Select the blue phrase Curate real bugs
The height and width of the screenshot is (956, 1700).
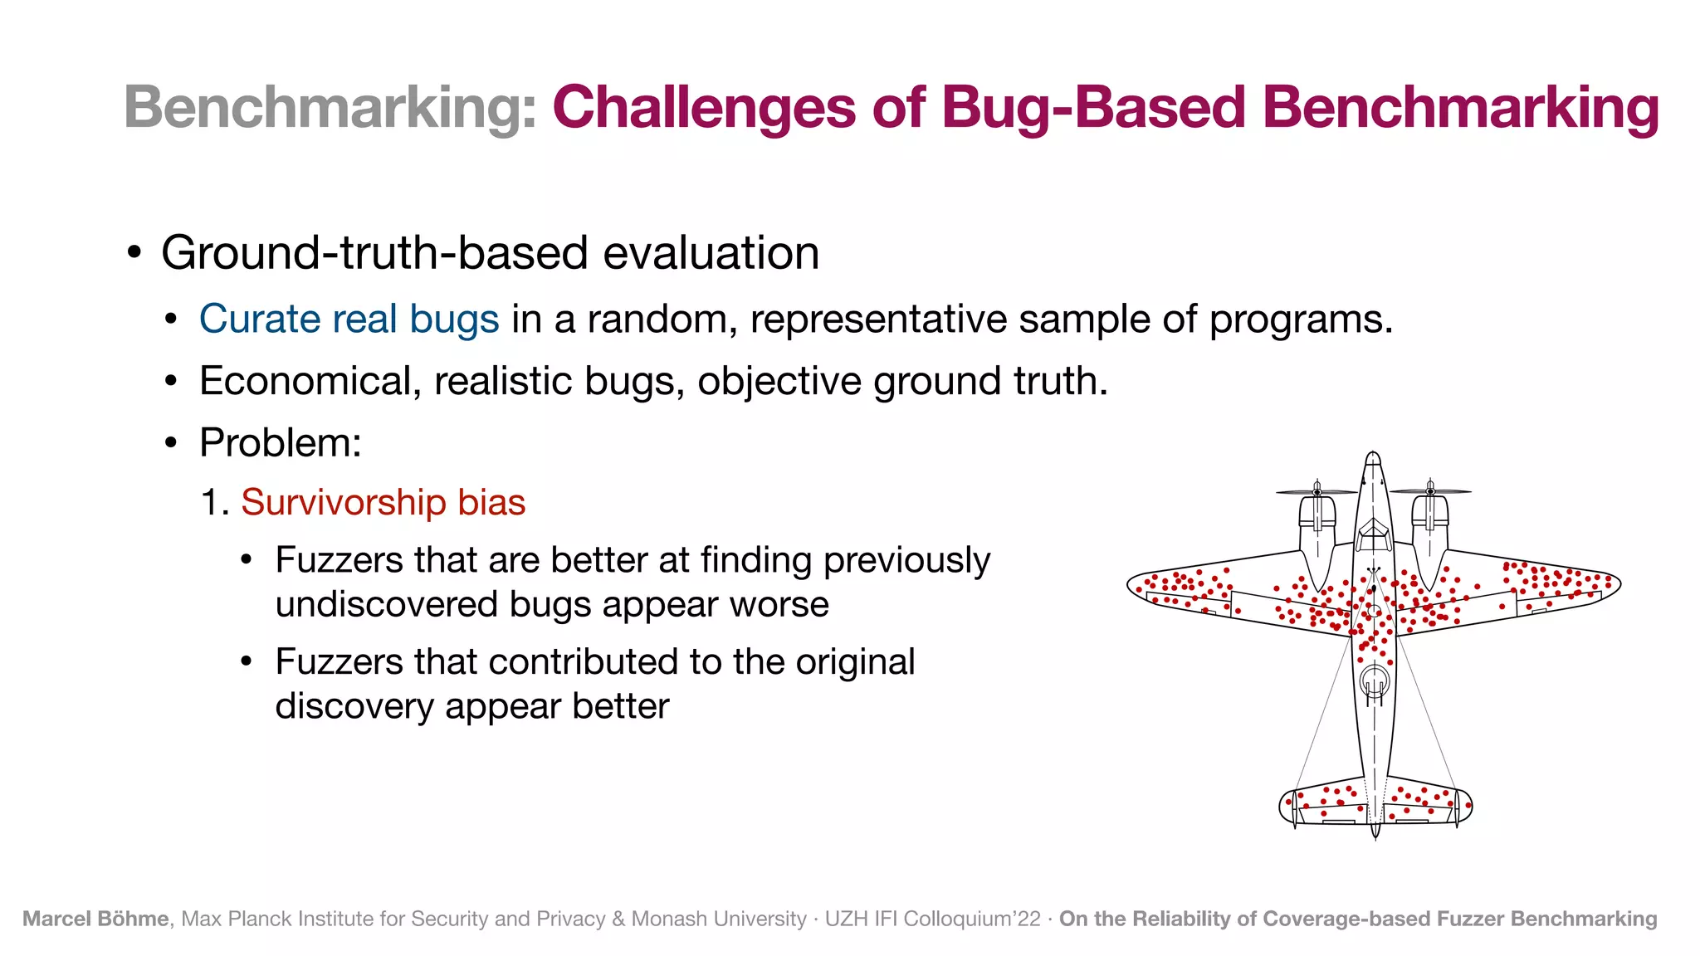pos(349,319)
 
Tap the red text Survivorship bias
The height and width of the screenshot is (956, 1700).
pos(383,503)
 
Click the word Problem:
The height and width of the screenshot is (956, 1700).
pos(281,442)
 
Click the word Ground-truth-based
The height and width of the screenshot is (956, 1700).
pos(375,253)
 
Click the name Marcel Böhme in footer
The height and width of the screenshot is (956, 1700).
pos(95,919)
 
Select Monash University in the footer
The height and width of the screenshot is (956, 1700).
pos(719,919)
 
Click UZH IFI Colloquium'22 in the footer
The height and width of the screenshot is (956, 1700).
pos(932,919)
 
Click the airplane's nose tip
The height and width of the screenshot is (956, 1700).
pos(1373,455)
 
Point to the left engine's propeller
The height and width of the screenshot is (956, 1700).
pos(1317,492)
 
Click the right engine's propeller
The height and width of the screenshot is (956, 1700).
pos(1430,491)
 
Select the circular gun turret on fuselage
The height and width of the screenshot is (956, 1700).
pos(1375,680)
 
